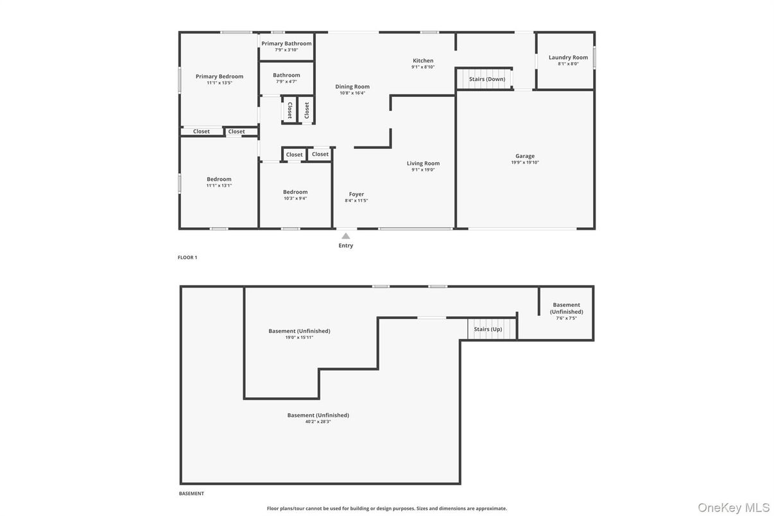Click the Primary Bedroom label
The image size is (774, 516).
coord(219,76)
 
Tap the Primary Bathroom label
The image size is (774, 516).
coord(286,44)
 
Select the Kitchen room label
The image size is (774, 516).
coord(423,61)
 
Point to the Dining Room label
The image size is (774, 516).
coord(352,87)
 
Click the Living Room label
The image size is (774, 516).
coord(423,164)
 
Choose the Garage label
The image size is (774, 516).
coord(525,156)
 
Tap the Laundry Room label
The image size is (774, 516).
coord(568,58)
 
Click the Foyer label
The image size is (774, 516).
coord(356,194)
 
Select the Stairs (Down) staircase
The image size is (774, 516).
coord(486,78)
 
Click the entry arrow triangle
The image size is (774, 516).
coord(346,236)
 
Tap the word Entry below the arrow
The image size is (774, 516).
coord(346,246)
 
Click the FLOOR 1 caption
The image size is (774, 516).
coord(187,257)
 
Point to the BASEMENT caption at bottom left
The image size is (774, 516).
coord(191,494)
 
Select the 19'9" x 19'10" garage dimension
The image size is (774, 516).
coord(525,162)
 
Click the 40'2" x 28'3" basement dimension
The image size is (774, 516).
coord(318,422)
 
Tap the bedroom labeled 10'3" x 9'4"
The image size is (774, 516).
coord(295,192)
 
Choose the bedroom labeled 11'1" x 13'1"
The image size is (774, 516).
coord(219,179)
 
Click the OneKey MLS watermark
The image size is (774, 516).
coord(734,508)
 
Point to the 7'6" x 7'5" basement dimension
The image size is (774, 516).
coord(566,318)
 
